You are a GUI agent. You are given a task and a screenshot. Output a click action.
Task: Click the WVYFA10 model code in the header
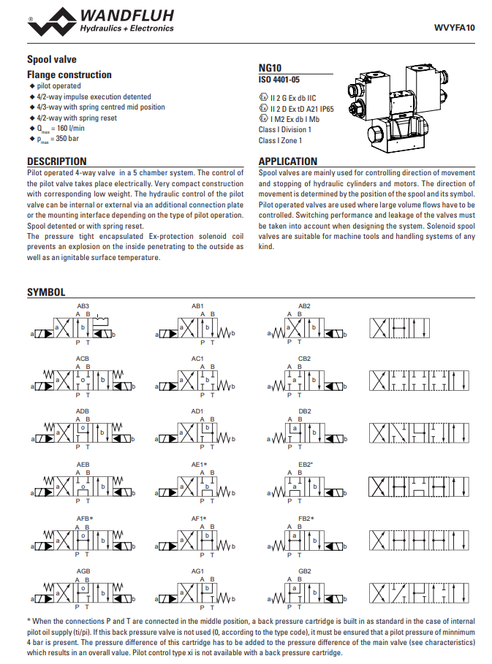click(x=455, y=28)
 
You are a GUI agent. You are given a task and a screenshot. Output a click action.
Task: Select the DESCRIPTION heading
click(x=57, y=161)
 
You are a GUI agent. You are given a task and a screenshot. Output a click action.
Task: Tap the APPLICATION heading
click(x=288, y=161)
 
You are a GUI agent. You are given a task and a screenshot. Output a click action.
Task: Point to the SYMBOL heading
click(x=46, y=292)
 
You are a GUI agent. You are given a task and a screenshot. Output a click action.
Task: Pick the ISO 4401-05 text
click(x=279, y=79)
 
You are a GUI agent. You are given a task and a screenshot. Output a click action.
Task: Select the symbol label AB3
click(x=83, y=305)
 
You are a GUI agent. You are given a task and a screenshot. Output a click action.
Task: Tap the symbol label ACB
click(x=83, y=359)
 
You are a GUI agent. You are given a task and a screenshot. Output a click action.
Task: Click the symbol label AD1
click(x=197, y=411)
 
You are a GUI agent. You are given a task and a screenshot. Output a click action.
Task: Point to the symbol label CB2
click(x=305, y=359)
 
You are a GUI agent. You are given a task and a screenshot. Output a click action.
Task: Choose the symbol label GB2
click(x=305, y=570)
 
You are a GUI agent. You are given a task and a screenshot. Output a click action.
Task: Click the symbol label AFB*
click(x=85, y=518)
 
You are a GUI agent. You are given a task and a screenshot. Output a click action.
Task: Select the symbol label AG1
click(x=197, y=570)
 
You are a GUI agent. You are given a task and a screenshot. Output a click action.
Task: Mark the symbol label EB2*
click(x=306, y=465)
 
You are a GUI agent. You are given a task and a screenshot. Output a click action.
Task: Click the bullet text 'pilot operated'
click(x=58, y=86)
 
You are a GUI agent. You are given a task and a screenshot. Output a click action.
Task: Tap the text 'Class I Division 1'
click(x=285, y=130)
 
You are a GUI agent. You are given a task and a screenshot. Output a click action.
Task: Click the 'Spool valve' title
click(x=51, y=59)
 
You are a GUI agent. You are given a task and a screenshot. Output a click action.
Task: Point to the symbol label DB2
click(x=305, y=411)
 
